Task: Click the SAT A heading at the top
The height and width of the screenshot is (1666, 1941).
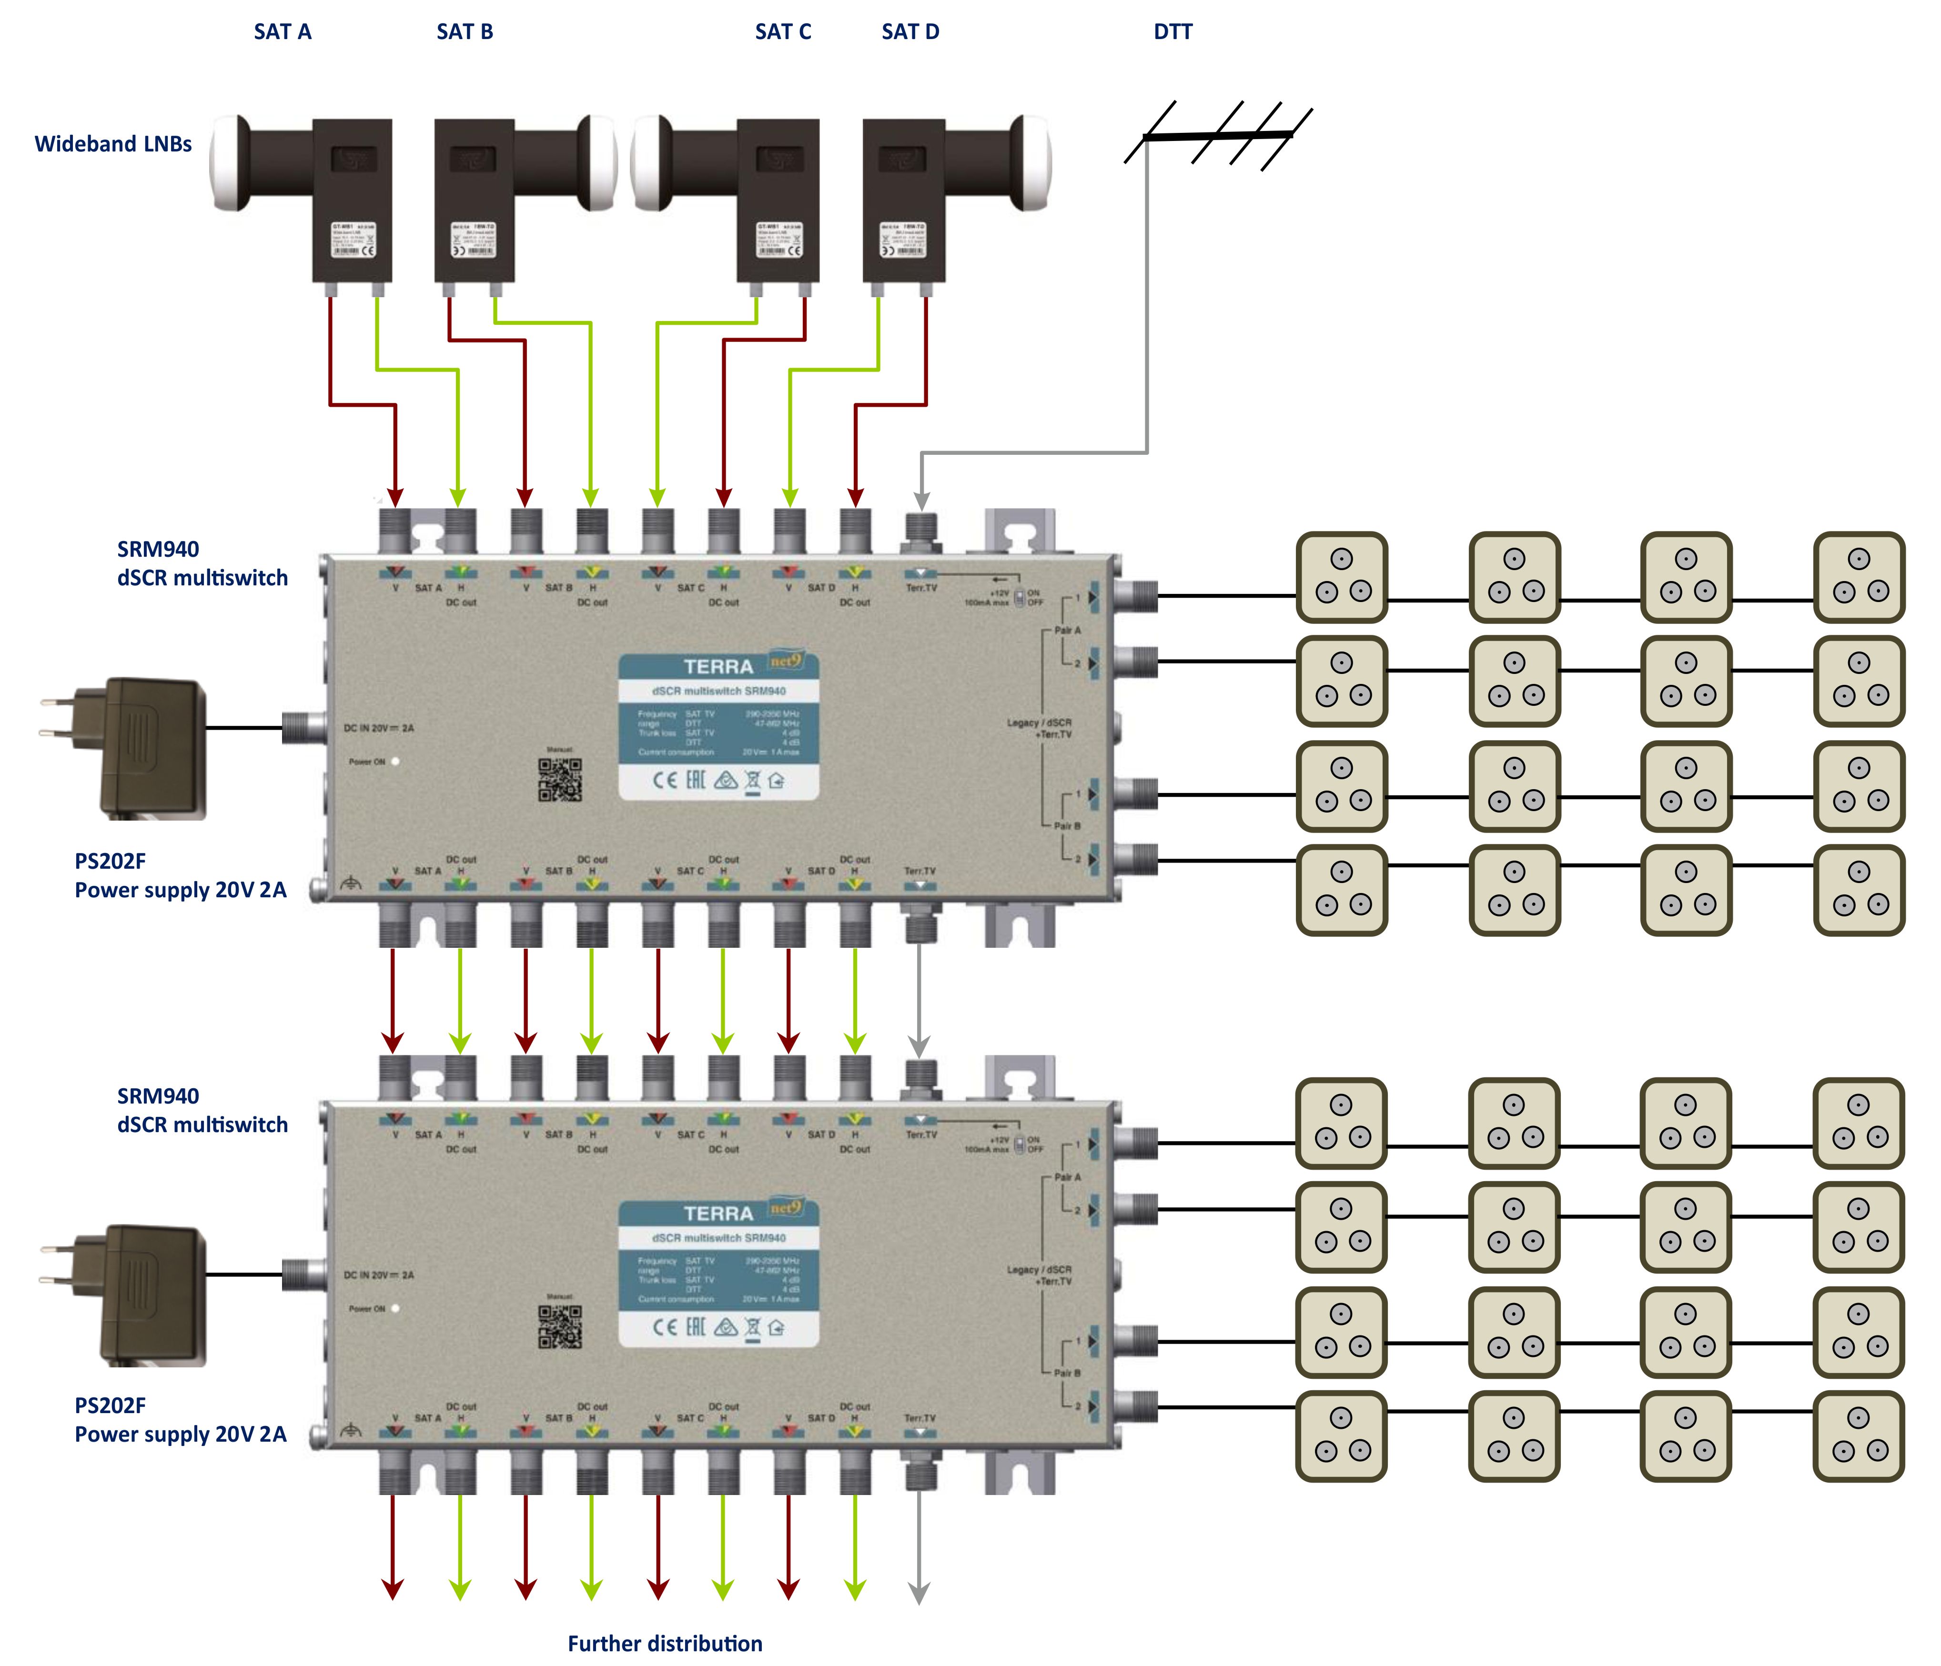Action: pyautogui.click(x=282, y=32)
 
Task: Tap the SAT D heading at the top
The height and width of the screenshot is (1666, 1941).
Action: pyautogui.click(x=910, y=32)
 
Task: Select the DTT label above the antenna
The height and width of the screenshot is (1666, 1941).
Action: pyautogui.click(x=1172, y=32)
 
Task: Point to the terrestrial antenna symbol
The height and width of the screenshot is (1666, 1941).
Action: pyautogui.click(x=1218, y=136)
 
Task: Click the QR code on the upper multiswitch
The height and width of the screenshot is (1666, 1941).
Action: pyautogui.click(x=560, y=779)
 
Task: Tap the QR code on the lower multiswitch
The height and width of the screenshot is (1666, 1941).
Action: pyautogui.click(x=560, y=1326)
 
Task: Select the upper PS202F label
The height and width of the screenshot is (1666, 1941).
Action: pyautogui.click(x=111, y=861)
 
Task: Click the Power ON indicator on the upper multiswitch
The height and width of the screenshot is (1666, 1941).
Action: pyautogui.click(x=395, y=762)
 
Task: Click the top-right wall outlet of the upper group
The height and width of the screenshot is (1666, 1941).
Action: pyautogui.click(x=1859, y=577)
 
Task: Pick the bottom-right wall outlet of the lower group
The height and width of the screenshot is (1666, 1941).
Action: pyautogui.click(x=1859, y=1435)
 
